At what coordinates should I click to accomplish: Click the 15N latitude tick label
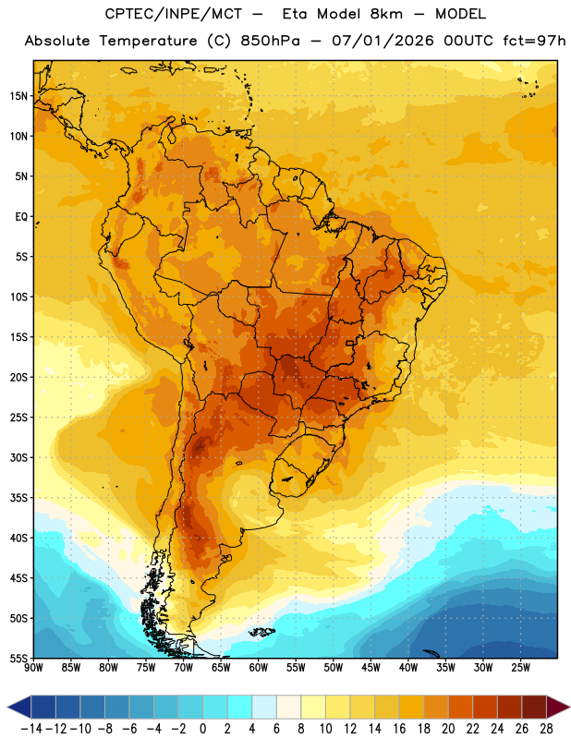[x=18, y=96]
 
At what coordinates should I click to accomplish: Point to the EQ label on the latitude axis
[x=21, y=217]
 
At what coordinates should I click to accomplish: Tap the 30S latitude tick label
[x=18, y=457]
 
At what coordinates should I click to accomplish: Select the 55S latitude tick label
[x=18, y=659]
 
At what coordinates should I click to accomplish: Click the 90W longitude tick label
[x=33, y=668]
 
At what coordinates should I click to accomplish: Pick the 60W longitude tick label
[x=259, y=668]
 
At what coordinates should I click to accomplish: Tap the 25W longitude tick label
[x=520, y=668]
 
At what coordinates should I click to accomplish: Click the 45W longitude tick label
[x=371, y=668]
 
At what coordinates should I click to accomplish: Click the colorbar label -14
[x=31, y=729]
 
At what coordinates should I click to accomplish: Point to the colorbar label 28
[x=546, y=729]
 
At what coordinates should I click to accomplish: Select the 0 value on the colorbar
[x=202, y=729]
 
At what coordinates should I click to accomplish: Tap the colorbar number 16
[x=399, y=729]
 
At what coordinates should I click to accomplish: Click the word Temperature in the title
[x=148, y=41]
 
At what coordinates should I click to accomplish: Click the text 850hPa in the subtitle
[x=270, y=41]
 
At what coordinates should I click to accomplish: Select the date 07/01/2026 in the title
[x=383, y=41]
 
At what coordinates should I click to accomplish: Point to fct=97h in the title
[x=534, y=41]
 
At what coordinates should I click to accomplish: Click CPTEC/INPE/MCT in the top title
[x=174, y=14]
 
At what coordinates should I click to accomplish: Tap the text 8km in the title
[x=386, y=14]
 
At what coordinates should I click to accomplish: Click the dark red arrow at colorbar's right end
[x=558, y=707]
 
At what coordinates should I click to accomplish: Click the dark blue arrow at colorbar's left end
[x=19, y=707]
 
